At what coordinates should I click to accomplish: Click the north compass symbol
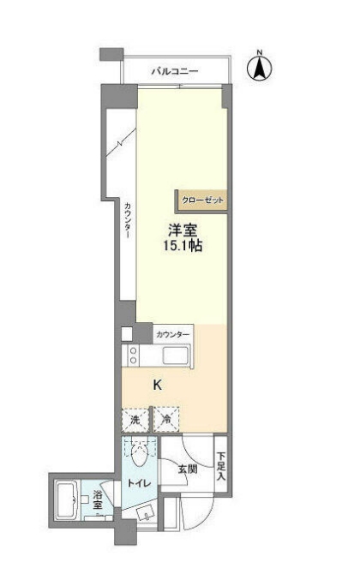click(x=259, y=69)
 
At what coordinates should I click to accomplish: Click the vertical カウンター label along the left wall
click(x=127, y=224)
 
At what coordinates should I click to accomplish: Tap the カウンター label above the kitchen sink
click(x=173, y=333)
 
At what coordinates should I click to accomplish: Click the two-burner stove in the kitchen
click(x=134, y=357)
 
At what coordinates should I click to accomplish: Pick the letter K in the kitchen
click(x=157, y=385)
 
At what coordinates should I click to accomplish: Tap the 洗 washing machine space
click(x=135, y=420)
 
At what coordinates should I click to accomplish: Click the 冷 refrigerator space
click(x=165, y=420)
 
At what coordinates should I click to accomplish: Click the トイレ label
click(x=139, y=484)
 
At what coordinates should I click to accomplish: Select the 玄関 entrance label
click(x=188, y=469)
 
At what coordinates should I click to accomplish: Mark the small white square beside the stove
click(x=128, y=334)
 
